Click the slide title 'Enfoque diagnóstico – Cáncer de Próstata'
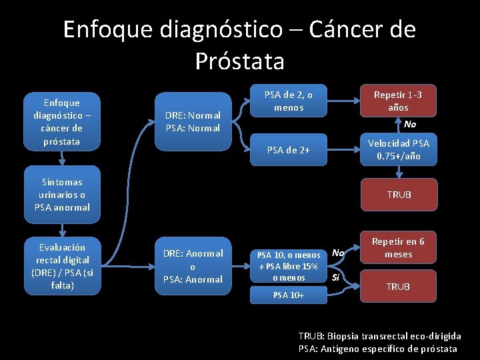pyautogui.click(x=240, y=45)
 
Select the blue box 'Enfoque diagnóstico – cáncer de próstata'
pyautogui.click(x=61, y=121)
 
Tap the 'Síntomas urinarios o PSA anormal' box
pyautogui.click(x=61, y=195)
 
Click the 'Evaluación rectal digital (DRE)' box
pyautogui.click(x=61, y=266)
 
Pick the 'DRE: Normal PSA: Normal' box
pyautogui.click(x=193, y=121)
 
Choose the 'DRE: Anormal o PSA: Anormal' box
pyautogui.click(x=193, y=266)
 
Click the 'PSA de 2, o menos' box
pyautogui.click(x=289, y=101)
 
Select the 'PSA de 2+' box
pyautogui.click(x=289, y=149)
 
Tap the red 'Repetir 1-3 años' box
pyautogui.click(x=398, y=101)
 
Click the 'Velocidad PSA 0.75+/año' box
pyautogui.click(x=399, y=149)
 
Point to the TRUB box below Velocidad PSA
pyautogui.click(x=399, y=195)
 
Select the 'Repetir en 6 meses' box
pyautogui.click(x=398, y=248)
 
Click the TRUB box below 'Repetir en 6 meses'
pyautogui.click(x=399, y=286)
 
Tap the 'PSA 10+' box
pyautogui.click(x=289, y=295)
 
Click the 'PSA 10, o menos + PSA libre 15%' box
pyautogui.click(x=289, y=265)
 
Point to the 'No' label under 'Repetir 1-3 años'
pyautogui.click(x=409, y=125)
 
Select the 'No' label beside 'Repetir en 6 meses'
pyautogui.click(x=338, y=253)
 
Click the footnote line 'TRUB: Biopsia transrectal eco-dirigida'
pyautogui.click(x=379, y=337)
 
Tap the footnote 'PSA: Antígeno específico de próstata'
pyautogui.click(x=377, y=349)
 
